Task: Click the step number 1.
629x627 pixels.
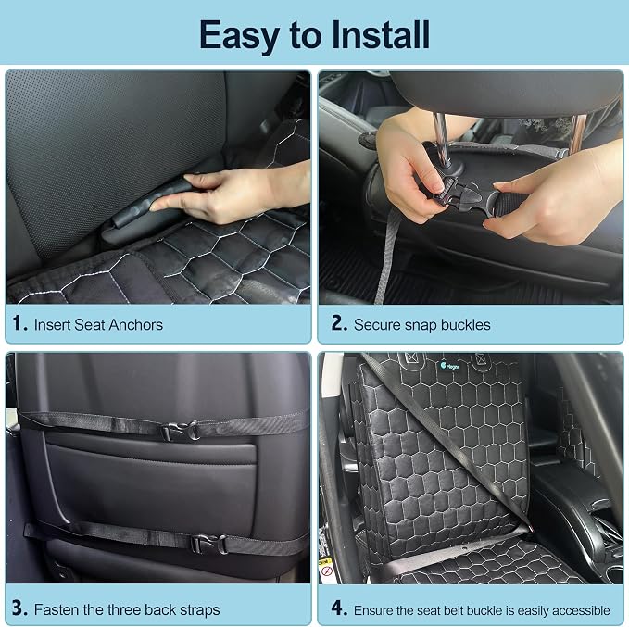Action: tap(19, 323)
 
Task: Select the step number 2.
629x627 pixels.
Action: tap(339, 323)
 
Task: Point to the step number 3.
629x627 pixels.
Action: tap(19, 608)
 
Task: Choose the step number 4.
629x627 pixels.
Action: tap(339, 608)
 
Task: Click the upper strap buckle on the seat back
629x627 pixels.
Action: tap(181, 432)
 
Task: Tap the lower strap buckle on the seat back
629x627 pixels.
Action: tap(208, 544)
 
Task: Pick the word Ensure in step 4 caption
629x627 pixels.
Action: tap(372, 610)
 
